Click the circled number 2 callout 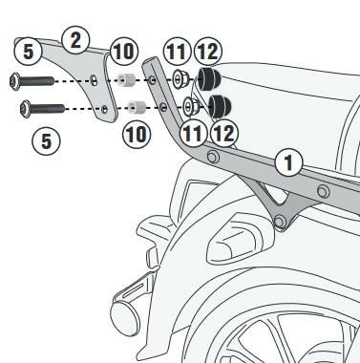point(75,40)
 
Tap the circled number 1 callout point(288,162)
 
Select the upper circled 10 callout point(124,51)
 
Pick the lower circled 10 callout point(137,134)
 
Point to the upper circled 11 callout point(177,51)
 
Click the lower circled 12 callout point(224,133)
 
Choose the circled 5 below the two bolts point(46,141)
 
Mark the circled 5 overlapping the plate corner point(28,52)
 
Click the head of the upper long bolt point(15,81)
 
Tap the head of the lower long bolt point(26,109)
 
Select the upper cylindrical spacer point(127,80)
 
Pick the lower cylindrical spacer point(138,107)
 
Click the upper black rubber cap point(209,78)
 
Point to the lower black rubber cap point(220,106)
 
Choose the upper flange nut point(180,79)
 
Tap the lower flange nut point(192,106)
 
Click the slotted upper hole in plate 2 point(94,80)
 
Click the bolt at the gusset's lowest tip point(280,221)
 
